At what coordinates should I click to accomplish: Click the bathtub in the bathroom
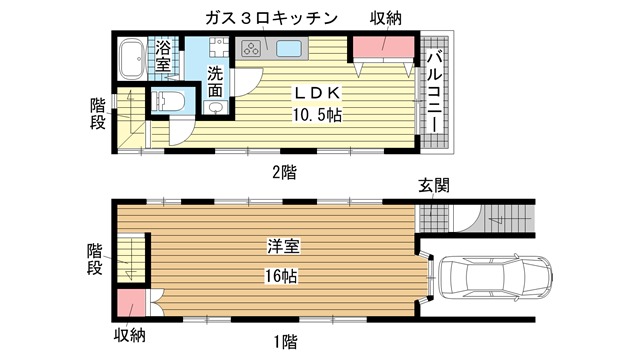tap(132, 59)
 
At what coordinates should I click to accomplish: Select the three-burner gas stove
tap(250, 49)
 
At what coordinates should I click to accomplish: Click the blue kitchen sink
tap(289, 49)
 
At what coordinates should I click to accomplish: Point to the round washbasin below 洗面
tap(214, 107)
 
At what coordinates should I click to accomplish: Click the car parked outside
tap(495, 277)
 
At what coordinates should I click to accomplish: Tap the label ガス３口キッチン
tap(271, 18)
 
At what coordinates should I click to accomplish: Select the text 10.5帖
tap(317, 116)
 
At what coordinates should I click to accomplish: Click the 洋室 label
tap(283, 246)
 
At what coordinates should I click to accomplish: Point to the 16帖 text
tap(281, 276)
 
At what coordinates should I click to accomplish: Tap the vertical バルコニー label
tap(434, 92)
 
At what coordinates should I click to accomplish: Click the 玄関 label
tap(433, 186)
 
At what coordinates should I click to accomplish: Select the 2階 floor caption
tap(284, 172)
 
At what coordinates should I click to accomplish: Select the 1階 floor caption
tap(285, 341)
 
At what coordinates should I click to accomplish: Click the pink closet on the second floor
tap(383, 47)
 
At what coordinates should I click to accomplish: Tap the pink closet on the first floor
tap(131, 303)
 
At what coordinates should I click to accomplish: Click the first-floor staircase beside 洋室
tap(131, 258)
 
